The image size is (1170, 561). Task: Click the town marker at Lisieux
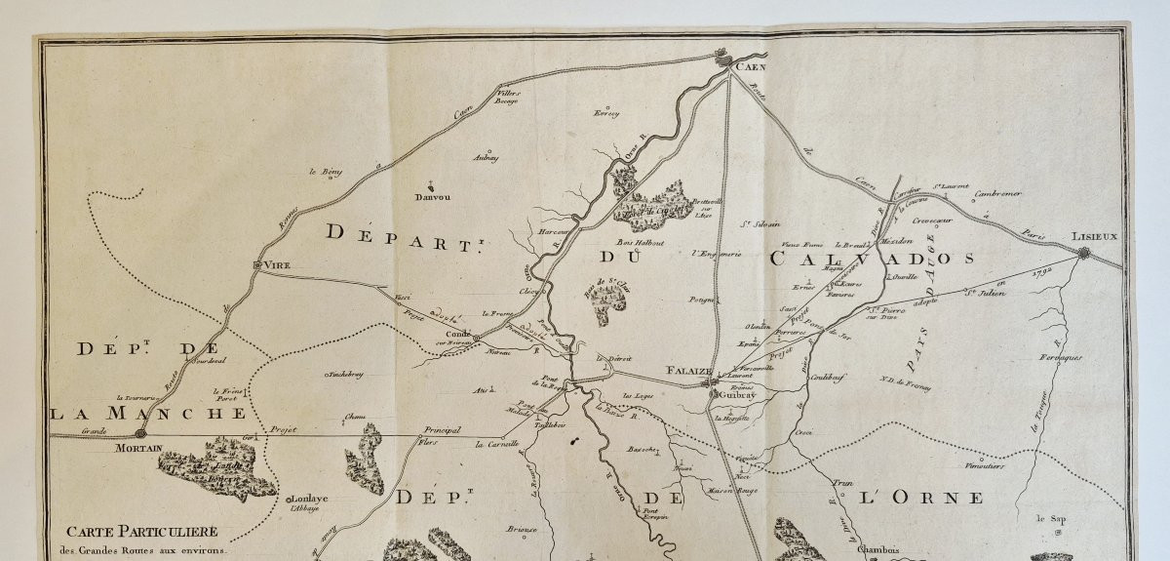coord(1085,254)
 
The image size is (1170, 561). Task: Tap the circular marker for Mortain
coord(140,432)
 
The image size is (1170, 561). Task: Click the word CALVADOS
coord(873,259)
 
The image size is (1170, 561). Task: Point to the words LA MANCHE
coord(148,413)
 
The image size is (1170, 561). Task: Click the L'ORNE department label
coord(921,498)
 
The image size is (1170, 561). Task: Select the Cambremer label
coord(998,193)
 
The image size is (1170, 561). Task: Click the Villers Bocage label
coord(508,96)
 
